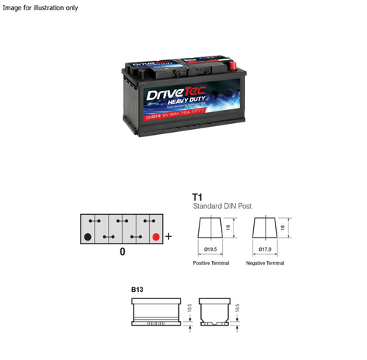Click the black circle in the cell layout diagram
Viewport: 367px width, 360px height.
point(88,237)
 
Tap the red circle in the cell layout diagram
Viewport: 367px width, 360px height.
point(156,237)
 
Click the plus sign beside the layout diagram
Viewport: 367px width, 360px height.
point(169,237)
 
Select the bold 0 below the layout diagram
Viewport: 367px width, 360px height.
point(122,251)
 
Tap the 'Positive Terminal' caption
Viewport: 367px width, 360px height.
point(211,262)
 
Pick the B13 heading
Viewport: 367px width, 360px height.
point(137,290)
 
